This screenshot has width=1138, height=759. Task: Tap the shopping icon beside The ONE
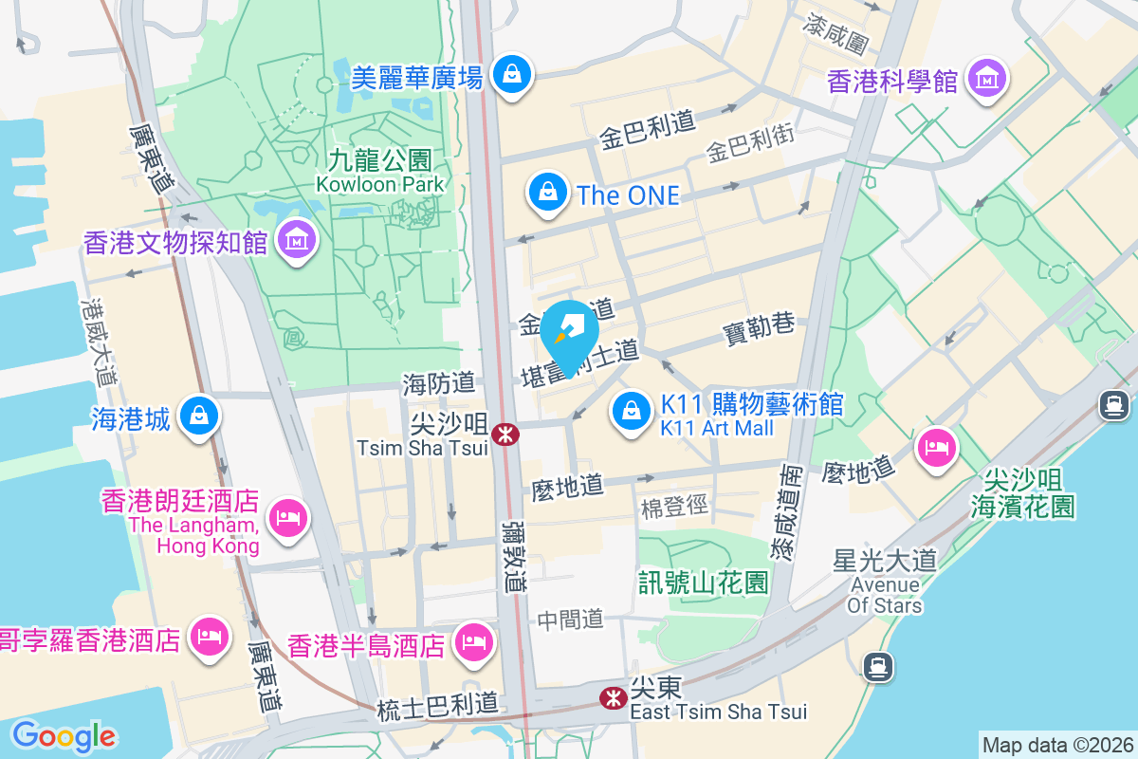(547, 193)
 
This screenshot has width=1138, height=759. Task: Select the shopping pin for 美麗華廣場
(512, 73)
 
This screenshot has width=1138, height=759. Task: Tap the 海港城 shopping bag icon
(199, 416)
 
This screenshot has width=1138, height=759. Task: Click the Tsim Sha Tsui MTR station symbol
(506, 435)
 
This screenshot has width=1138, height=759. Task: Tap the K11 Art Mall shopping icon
(630, 411)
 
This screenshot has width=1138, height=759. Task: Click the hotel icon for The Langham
(285, 517)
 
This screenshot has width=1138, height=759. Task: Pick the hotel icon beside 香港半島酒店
(472, 644)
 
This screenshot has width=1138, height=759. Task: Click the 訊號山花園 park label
(703, 583)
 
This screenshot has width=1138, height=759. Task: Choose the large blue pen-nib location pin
(570, 333)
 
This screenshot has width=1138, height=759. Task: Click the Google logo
(64, 736)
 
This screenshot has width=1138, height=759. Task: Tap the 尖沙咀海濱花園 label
(1023, 492)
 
